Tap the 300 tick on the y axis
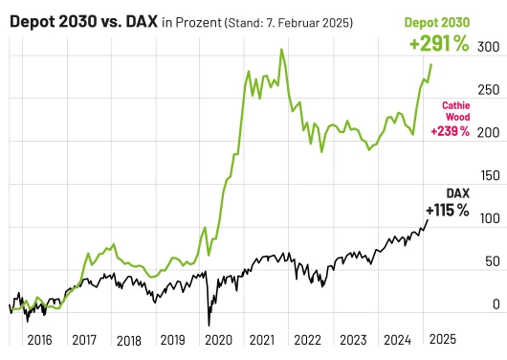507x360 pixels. [487, 47]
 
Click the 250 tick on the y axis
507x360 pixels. [487, 90]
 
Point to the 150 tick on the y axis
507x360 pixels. [487, 176]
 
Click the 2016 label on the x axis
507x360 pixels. [39, 340]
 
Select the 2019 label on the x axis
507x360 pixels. [173, 340]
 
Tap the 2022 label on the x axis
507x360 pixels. [307, 340]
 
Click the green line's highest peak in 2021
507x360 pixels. [281, 50]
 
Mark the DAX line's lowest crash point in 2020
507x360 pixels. [209, 325]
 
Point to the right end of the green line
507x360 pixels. [431, 65]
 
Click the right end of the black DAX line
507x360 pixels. [428, 221]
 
